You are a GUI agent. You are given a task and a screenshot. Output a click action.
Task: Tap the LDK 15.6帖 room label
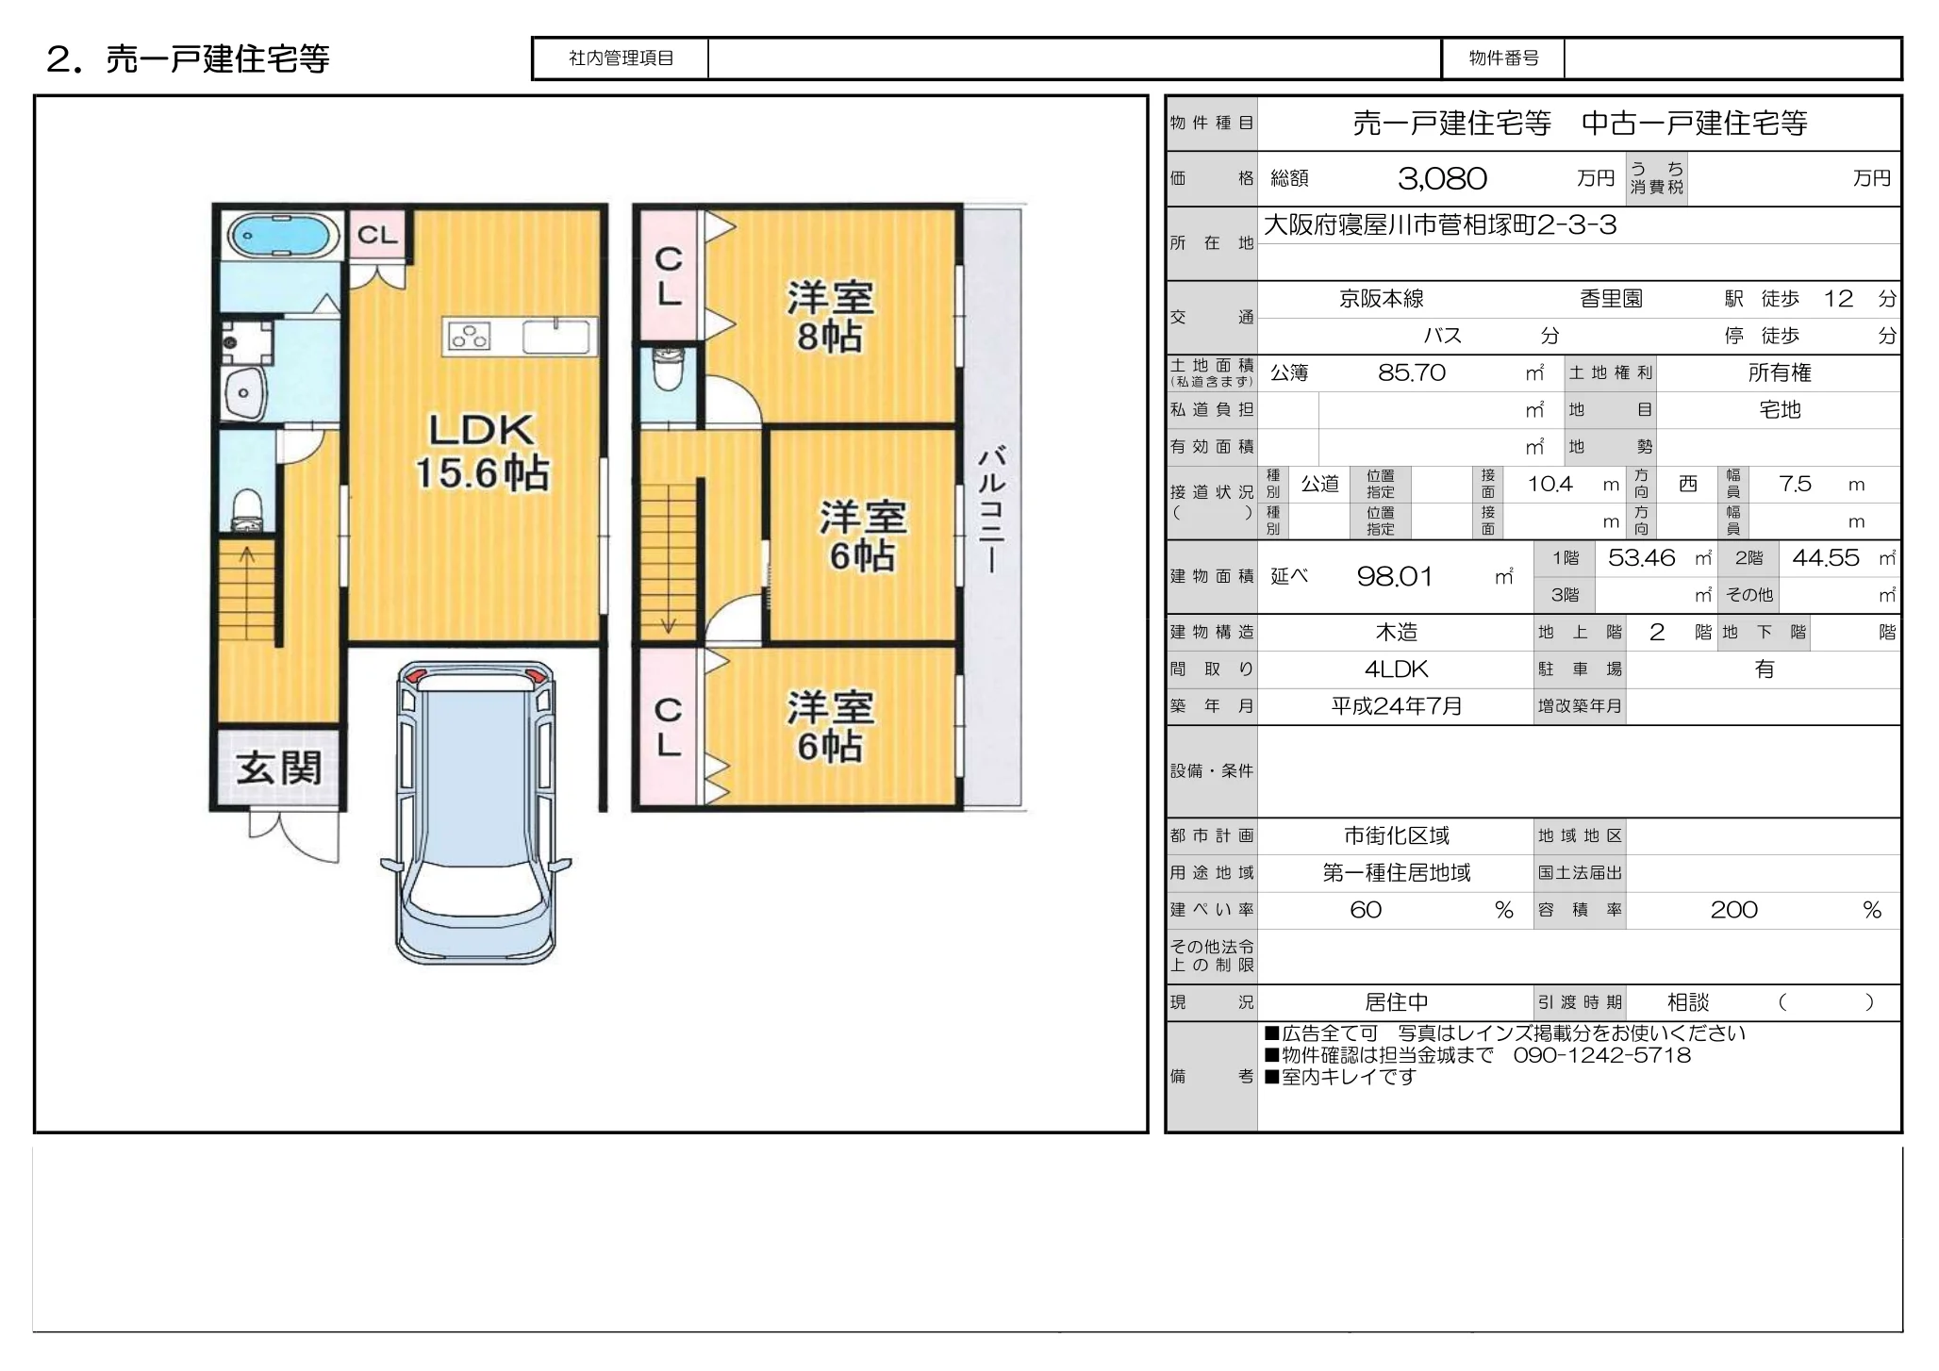click(482, 452)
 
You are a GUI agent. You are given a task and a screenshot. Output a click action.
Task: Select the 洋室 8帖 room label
click(830, 317)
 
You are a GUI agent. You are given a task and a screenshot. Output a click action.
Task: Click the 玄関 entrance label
click(279, 768)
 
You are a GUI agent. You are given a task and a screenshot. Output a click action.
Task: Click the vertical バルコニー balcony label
click(992, 509)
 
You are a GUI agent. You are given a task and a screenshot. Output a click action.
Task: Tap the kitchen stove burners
click(469, 336)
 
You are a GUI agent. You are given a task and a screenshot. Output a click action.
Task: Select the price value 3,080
click(1442, 178)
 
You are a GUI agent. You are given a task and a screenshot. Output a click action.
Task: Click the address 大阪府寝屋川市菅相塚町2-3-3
click(1440, 224)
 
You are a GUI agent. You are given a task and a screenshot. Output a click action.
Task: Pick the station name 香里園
click(1611, 299)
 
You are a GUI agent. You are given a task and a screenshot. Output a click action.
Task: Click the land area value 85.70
click(1412, 372)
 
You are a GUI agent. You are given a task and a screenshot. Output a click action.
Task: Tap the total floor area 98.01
click(1395, 576)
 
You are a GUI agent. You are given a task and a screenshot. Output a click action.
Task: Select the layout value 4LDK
click(1397, 669)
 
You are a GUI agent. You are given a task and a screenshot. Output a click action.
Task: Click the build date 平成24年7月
click(1397, 706)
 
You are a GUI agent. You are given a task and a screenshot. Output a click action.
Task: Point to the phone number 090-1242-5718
click(1602, 1055)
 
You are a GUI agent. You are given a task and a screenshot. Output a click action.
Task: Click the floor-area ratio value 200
click(1734, 910)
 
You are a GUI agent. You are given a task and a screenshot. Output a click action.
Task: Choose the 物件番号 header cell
click(1503, 58)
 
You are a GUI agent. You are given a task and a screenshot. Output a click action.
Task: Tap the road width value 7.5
click(1795, 484)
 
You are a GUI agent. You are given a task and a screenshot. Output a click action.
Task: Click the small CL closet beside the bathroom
click(377, 234)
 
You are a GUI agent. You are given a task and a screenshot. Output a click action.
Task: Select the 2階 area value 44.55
click(1826, 558)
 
